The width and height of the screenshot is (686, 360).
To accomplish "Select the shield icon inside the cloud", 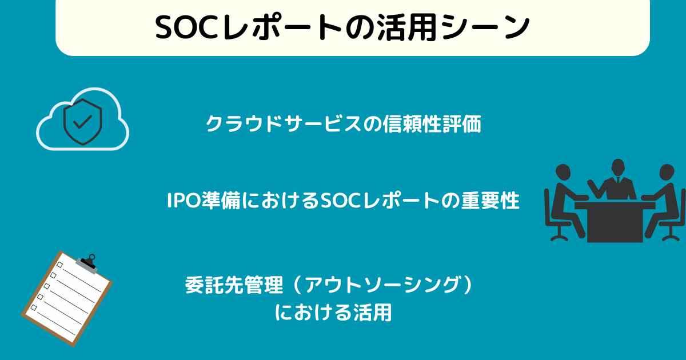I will point(83,122).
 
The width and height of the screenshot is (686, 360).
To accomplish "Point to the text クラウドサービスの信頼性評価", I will point(343,124).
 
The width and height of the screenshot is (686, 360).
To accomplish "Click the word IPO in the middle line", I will point(182,201).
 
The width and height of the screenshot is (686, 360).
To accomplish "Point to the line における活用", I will point(333,313).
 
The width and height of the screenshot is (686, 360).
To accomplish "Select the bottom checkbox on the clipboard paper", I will point(34,307).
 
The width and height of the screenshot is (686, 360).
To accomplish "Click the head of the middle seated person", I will point(619,167).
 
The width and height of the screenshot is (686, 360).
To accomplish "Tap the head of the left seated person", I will point(563,172).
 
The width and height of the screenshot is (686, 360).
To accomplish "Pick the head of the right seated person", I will point(667,172).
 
